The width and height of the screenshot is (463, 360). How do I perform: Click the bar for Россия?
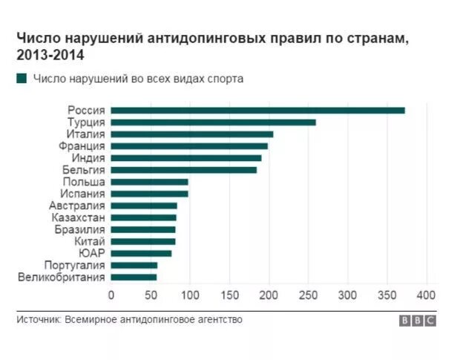coord(258,111)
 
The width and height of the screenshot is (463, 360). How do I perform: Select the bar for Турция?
coord(214,122)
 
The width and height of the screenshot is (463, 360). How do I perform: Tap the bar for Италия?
coord(192,134)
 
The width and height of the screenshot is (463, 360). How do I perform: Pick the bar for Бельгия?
coord(184,170)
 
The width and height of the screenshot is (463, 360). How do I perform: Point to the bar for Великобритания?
coord(134,277)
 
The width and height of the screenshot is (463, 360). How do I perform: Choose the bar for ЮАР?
coord(141,253)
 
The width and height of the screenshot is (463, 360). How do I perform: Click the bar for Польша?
coord(149,182)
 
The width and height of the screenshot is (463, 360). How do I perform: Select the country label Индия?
coord(88,158)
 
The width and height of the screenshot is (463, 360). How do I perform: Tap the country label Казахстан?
coord(78,217)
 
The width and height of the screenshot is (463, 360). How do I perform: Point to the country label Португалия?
coord(75,265)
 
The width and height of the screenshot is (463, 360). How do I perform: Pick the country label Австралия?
coord(77,206)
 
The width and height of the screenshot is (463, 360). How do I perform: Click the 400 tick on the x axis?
coord(426,295)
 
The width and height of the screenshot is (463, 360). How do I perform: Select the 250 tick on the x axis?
coord(308,295)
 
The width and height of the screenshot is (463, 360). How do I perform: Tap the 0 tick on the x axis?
coord(111,295)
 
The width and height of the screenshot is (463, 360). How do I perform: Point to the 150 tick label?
coord(229,295)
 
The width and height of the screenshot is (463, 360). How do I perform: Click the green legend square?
coord(22,78)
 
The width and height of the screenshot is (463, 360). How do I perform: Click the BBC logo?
coord(418,321)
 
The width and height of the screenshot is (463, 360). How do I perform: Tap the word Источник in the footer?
coord(39,320)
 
